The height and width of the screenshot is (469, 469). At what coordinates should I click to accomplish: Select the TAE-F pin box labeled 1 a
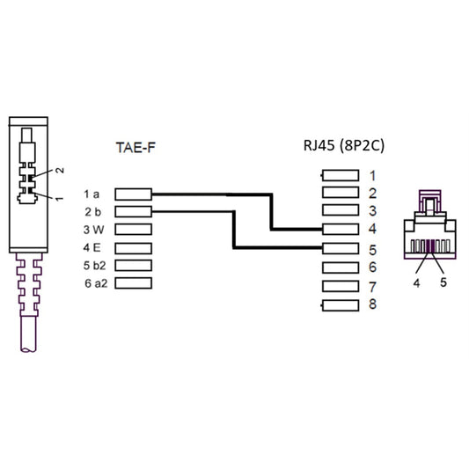133,194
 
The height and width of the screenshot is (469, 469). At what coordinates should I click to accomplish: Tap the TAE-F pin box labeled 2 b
133,211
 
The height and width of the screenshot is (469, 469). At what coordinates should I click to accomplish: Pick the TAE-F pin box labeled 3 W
133,230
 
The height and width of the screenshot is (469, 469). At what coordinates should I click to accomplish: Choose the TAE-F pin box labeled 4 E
133,247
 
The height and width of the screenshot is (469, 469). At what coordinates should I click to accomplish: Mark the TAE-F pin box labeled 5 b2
133,266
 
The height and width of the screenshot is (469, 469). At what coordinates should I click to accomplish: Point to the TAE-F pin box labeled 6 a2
133,283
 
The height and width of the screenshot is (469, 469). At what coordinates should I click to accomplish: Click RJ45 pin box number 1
341,176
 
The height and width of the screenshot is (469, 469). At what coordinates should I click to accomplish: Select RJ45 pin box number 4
341,230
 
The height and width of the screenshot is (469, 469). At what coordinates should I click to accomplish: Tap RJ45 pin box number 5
341,248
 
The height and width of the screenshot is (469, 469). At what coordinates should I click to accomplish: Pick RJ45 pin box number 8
341,304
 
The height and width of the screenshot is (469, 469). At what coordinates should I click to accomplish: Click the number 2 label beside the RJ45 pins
373,194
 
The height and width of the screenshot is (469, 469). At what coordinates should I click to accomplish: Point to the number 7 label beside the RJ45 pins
373,287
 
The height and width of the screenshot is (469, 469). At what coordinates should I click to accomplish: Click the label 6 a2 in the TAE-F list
94,283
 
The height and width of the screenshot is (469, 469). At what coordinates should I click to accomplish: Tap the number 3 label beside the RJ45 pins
373,211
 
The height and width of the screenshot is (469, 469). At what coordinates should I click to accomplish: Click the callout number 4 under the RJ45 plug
415,284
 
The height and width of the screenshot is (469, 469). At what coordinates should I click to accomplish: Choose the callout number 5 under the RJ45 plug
443,284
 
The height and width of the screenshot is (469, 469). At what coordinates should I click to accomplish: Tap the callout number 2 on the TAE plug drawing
60,169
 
